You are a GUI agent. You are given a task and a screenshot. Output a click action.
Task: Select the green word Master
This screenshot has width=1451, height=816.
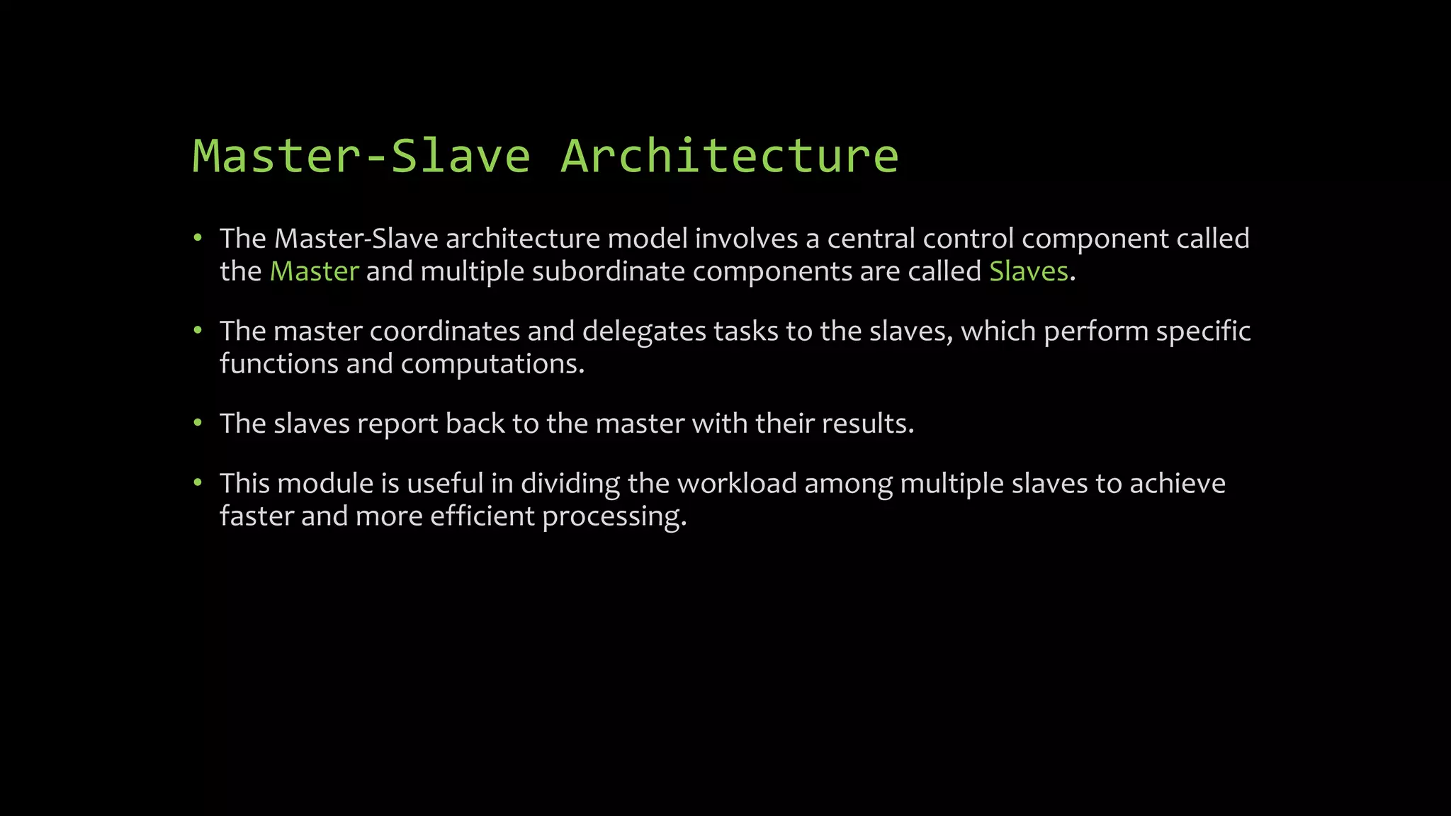314,272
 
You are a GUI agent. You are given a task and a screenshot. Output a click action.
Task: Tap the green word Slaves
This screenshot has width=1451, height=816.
1028,272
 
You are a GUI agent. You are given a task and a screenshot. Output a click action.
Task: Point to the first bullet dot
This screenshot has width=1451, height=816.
198,238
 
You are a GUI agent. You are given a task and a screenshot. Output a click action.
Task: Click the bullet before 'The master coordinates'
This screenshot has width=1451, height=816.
198,331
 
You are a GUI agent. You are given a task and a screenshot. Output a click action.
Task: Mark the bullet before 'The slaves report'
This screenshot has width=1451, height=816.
198,424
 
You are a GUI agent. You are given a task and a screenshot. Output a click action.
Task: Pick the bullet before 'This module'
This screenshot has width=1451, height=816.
198,483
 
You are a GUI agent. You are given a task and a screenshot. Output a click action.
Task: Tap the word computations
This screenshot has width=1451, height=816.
492,364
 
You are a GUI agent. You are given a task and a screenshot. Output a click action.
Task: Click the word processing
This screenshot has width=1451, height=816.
614,517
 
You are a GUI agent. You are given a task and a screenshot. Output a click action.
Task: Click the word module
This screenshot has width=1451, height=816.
324,483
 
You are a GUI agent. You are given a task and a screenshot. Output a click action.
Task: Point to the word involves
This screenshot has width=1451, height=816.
746,239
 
